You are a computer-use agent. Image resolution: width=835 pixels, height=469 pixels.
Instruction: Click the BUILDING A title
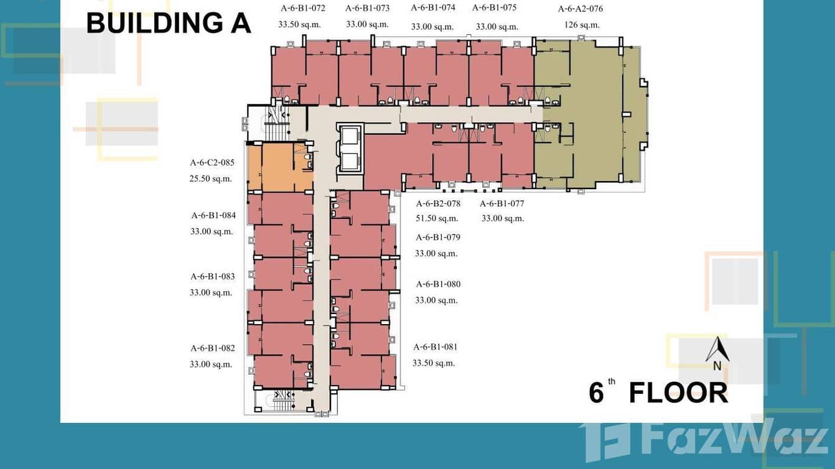[x=168, y=23]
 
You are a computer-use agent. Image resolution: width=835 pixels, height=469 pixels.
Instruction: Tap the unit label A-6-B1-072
[x=302, y=8]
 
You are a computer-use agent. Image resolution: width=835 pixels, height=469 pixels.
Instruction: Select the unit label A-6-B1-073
[x=367, y=8]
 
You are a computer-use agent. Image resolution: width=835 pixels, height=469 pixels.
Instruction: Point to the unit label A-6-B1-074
[x=433, y=7]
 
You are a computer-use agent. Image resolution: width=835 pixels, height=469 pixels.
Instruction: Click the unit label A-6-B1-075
[x=494, y=7]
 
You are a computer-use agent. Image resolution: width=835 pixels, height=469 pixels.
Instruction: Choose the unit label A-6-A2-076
[x=580, y=9]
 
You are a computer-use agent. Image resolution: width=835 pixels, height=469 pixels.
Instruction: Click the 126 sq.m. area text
[x=581, y=25]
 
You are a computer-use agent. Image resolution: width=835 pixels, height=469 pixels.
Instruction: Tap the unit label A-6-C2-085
[x=212, y=163]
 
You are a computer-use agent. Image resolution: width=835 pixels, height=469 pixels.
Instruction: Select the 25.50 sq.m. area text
[x=210, y=179]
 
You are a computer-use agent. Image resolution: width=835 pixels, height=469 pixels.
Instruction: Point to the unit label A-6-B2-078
[x=438, y=203]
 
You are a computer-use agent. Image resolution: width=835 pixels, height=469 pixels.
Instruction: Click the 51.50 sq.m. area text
[x=437, y=218]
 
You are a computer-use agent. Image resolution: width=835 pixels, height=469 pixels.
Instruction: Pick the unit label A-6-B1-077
[x=501, y=203]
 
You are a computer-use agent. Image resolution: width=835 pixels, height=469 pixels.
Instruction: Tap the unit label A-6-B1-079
[x=438, y=237]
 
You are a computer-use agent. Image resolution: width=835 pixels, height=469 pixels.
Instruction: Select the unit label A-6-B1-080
[x=438, y=284]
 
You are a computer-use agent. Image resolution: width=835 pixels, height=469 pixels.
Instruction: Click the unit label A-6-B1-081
[x=435, y=347]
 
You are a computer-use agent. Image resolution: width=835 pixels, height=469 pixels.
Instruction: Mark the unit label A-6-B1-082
[x=213, y=348]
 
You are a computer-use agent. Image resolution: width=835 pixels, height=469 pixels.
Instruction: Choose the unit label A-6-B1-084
[x=213, y=216]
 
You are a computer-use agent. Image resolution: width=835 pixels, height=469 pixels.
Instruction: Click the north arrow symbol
[x=717, y=351]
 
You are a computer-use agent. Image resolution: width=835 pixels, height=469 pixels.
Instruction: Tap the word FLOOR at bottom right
[x=678, y=393]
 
